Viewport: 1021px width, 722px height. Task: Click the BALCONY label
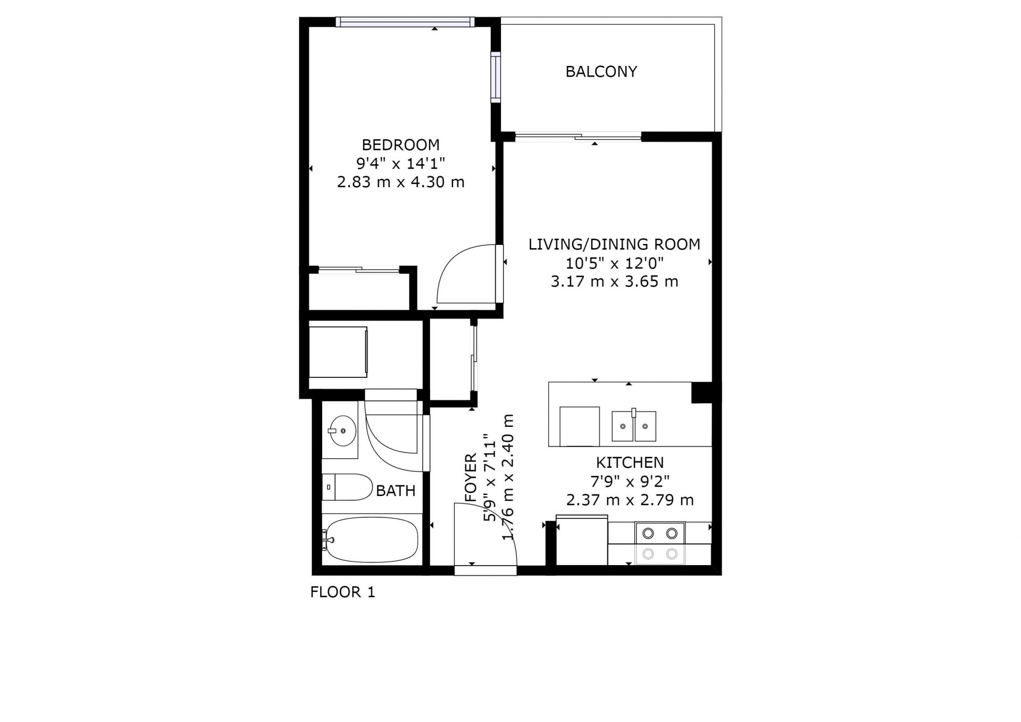601,72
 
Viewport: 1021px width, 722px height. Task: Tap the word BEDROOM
400,145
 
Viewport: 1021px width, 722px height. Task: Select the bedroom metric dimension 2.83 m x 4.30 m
400,182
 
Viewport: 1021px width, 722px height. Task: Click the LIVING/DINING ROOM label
614,245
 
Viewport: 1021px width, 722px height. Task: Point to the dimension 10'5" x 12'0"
614,263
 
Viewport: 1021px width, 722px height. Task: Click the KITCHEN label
630,463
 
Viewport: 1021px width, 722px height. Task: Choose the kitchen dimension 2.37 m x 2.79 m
630,500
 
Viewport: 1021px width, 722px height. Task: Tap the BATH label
396,491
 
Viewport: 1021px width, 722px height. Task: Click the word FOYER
471,477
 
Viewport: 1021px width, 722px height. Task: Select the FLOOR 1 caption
342,592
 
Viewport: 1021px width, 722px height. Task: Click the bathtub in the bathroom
370,540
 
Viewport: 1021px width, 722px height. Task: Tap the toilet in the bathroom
347,487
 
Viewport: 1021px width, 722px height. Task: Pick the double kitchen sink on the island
633,426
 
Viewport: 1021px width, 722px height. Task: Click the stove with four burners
660,543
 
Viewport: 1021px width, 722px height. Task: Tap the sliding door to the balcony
578,137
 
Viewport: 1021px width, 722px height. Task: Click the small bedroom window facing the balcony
496,77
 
